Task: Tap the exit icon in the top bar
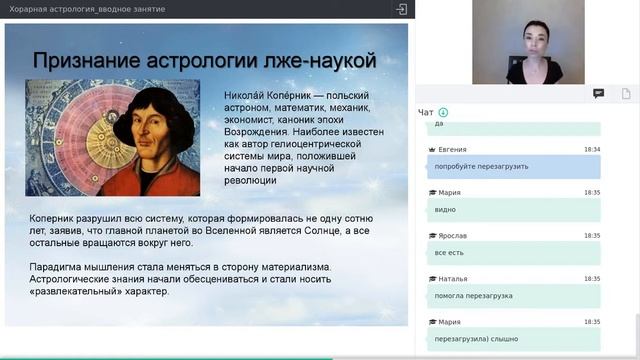click(401, 9)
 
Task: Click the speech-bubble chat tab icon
click(598, 93)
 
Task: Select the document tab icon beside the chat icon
click(626, 93)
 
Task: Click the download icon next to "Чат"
click(443, 112)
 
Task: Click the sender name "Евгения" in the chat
click(452, 149)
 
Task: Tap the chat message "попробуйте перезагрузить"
click(482, 166)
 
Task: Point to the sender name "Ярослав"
click(452, 236)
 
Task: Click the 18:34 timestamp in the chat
click(592, 149)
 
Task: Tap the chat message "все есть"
click(449, 253)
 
